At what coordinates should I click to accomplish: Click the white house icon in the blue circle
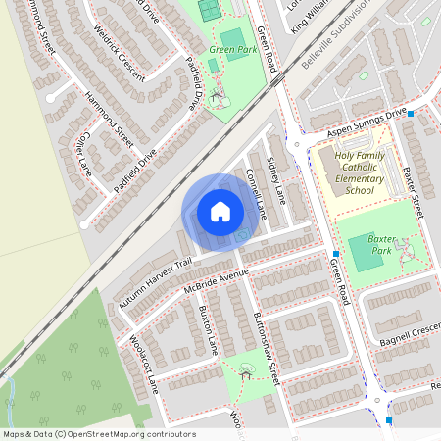click(x=220, y=211)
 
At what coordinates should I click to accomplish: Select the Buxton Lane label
click(x=208, y=334)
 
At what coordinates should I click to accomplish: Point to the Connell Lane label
click(x=257, y=191)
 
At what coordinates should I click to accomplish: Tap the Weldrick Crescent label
click(x=120, y=58)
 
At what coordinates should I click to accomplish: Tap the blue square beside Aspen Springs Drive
click(x=411, y=115)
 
